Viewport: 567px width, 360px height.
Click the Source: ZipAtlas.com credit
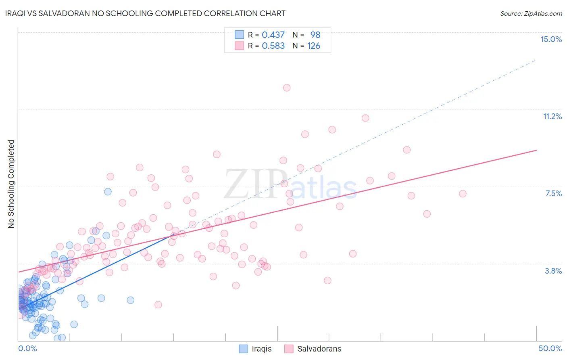(531, 14)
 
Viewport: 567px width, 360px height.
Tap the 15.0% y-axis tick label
(551, 39)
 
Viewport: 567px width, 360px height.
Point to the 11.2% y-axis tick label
(552, 116)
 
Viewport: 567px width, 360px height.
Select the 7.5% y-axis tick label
(553, 193)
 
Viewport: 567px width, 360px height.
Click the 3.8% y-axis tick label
(553, 271)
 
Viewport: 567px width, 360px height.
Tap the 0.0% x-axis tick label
(27, 348)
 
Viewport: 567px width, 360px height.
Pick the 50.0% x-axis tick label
(550, 348)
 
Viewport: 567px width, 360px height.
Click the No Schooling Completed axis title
(11, 184)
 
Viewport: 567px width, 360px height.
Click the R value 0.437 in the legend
(273, 35)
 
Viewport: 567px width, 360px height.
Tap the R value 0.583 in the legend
(273, 46)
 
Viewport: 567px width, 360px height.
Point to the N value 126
(313, 46)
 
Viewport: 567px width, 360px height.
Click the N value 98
(315, 35)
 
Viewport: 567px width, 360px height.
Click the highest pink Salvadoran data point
(287, 88)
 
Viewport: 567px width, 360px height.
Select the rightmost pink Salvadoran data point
(463, 194)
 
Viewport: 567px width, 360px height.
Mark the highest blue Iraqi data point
(108, 192)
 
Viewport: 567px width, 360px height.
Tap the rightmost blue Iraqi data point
(130, 300)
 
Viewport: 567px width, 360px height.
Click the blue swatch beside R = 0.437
(239, 35)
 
